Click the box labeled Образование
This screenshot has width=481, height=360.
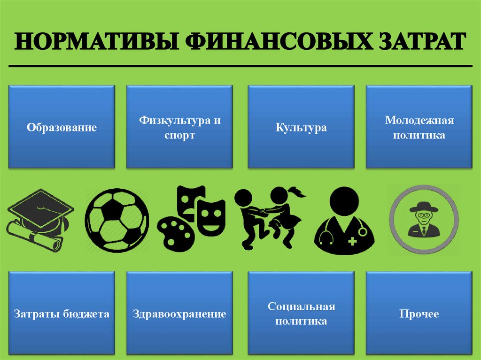62,127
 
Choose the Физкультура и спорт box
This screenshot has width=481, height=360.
179,127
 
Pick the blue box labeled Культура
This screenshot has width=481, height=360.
301,127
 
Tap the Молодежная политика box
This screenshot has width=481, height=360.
419,127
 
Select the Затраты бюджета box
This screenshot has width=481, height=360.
62,313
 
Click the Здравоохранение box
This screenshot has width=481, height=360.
179,313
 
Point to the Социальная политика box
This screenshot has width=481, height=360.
301,313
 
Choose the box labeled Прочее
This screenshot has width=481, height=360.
419,313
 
